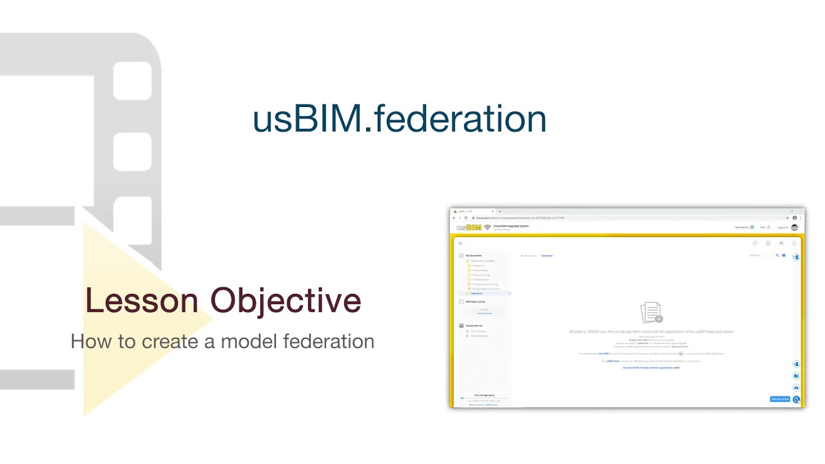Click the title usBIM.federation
point(399,119)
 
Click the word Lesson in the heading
point(141,300)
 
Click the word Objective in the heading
point(286,300)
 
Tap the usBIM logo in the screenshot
point(469,227)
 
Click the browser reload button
point(466,218)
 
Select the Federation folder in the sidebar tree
point(476,293)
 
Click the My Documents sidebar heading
point(474,255)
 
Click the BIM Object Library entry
point(476,302)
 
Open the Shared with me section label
point(474,325)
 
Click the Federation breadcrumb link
point(547,256)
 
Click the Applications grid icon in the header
point(752,227)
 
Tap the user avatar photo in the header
point(795,227)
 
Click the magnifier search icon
point(777,256)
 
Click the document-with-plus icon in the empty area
point(651,313)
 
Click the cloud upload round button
point(796,387)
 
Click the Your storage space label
point(484,395)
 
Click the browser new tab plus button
point(500,211)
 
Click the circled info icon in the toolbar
point(794,243)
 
